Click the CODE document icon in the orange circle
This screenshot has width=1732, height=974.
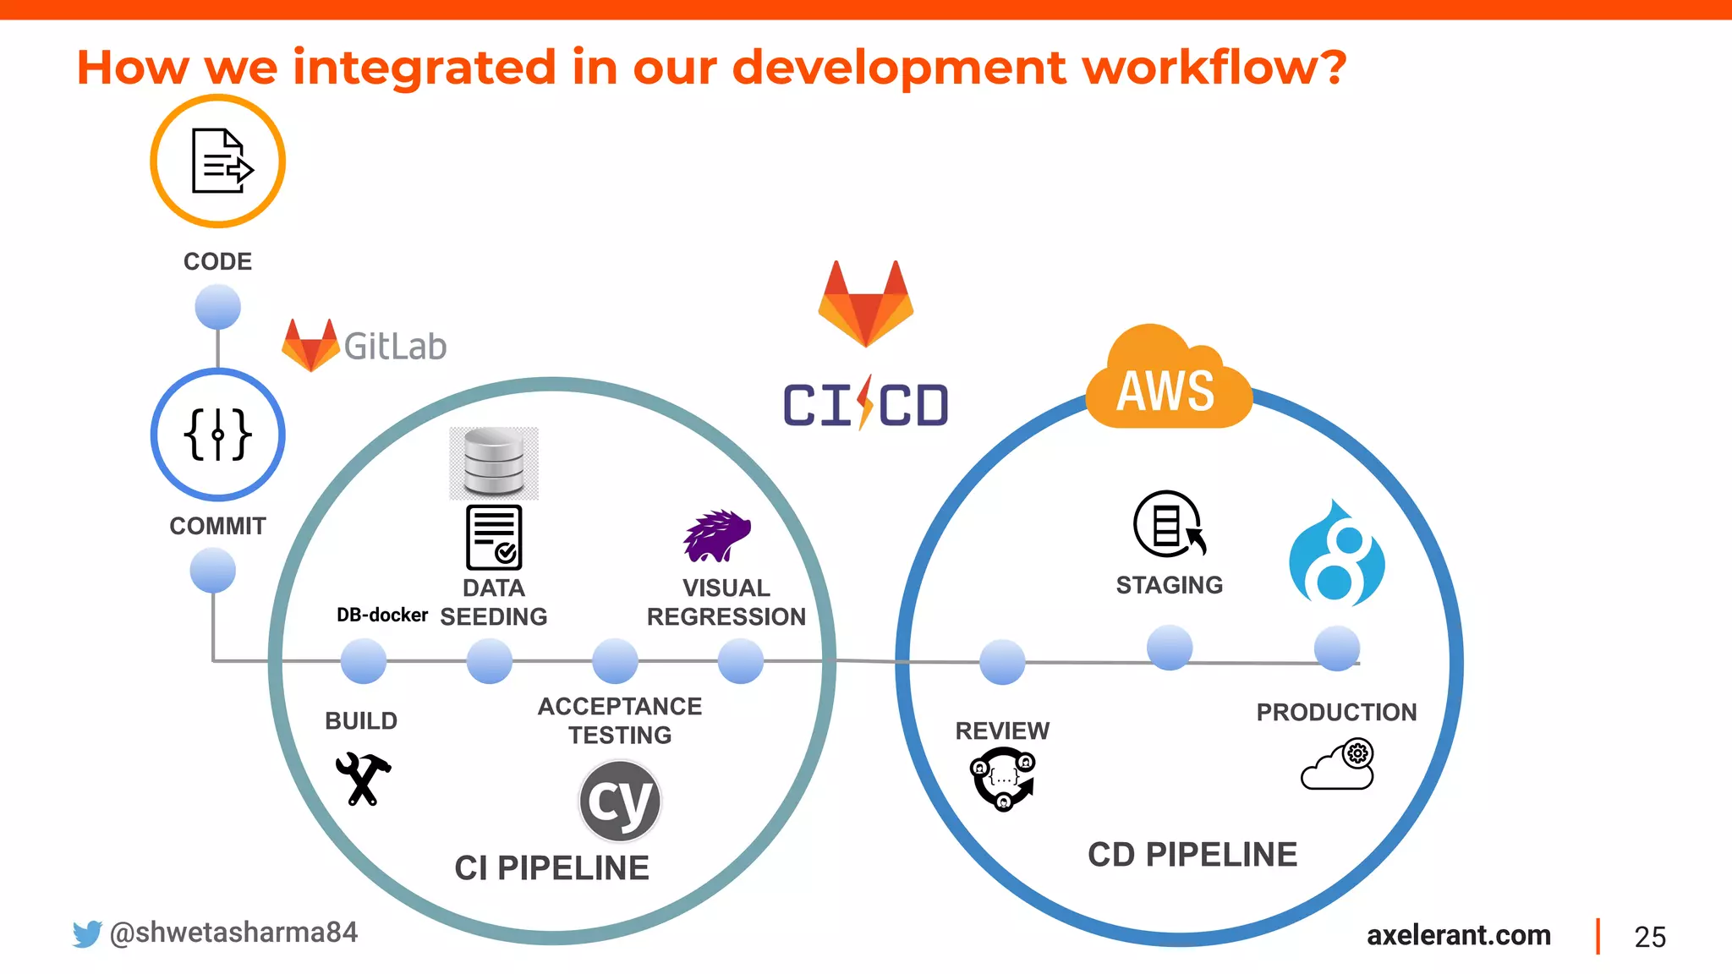point(218,161)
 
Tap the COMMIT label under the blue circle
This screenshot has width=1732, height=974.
point(217,526)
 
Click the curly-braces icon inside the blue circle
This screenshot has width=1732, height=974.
point(217,435)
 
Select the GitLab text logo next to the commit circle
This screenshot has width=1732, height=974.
point(394,347)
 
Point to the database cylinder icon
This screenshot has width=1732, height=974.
point(494,462)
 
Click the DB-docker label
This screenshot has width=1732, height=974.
point(381,615)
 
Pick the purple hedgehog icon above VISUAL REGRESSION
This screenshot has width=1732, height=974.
point(716,536)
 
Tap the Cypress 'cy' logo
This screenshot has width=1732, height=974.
point(620,801)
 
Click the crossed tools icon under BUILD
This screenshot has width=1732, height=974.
point(363,778)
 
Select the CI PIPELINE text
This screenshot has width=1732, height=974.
point(551,867)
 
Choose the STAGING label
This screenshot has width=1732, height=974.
point(1169,585)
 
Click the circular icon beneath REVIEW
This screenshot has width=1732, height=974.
point(1003,779)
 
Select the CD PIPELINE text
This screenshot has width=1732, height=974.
point(1192,854)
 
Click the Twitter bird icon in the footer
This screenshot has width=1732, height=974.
point(86,933)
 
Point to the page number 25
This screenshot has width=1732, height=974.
point(1649,937)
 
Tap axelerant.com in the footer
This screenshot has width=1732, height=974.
point(1458,935)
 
